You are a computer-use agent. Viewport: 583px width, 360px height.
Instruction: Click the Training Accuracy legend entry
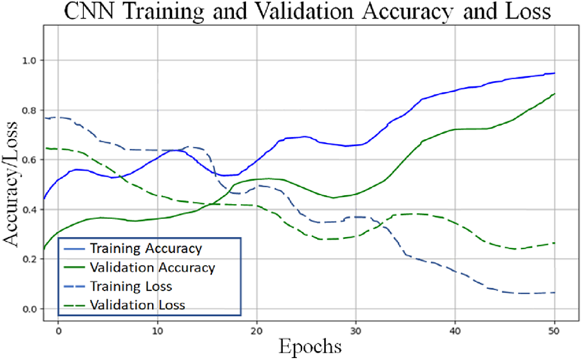point(146,248)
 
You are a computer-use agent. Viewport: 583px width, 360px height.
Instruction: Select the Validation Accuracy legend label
point(152,267)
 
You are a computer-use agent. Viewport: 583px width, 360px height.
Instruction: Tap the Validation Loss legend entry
point(137,304)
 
